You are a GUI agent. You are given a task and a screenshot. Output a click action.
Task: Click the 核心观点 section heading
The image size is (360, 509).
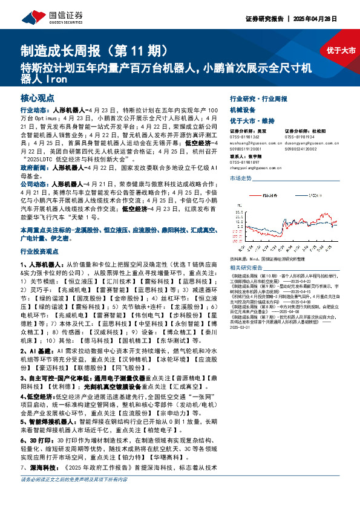(36, 97)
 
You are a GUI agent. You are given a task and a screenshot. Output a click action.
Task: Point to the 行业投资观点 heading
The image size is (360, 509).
(41, 250)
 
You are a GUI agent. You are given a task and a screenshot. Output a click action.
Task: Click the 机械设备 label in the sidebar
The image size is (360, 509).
(243, 110)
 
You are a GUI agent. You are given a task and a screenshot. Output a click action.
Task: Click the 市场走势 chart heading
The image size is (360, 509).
(241, 179)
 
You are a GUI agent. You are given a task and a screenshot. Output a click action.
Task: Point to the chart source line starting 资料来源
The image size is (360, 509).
(272, 257)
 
